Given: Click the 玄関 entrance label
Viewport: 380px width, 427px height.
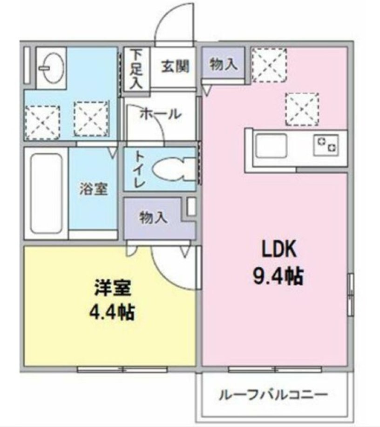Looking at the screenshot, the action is tap(175, 66).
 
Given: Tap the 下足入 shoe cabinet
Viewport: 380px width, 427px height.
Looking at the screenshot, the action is tap(136, 69).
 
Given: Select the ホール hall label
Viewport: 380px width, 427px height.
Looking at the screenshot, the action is tap(161, 114).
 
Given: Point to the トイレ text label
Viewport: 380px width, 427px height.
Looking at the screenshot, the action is tap(139, 169).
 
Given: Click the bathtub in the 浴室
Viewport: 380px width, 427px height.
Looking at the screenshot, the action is tap(46, 194).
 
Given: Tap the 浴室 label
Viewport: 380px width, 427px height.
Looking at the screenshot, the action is tap(94, 189).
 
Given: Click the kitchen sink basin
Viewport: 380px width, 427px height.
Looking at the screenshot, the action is tap(271, 146).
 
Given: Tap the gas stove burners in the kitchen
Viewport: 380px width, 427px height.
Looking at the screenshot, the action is tap(326, 145).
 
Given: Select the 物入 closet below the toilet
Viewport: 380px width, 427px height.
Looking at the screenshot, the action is tap(153, 218).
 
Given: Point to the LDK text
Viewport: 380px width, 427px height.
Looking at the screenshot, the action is tap(279, 249).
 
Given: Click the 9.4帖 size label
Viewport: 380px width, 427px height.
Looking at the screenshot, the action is tap(278, 276).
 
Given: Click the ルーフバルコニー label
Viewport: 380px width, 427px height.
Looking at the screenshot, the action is tap(273, 394).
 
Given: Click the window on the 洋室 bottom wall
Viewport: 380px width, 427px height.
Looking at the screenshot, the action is tap(122, 369).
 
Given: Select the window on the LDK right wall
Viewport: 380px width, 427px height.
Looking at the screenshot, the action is tap(351, 295).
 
